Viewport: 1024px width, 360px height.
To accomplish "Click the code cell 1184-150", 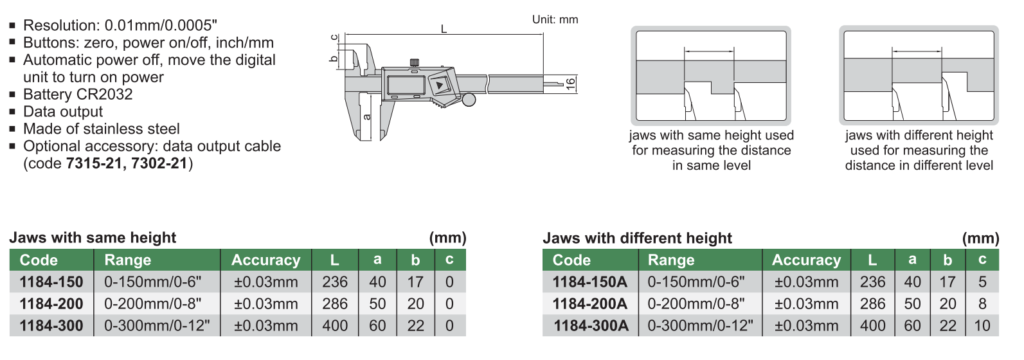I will tap(51, 282).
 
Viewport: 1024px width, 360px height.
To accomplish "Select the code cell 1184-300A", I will tap(591, 326).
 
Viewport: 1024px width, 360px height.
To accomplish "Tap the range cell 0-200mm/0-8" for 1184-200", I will tap(152, 304).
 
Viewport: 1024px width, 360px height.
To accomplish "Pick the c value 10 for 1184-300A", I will tap(982, 326).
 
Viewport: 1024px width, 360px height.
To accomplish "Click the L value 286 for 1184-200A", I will tap(872, 304).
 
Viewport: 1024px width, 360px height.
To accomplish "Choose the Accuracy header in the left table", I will tap(265, 260).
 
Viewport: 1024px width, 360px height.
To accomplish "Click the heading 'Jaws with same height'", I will tap(93, 238).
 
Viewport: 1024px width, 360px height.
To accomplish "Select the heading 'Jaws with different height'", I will tap(637, 239).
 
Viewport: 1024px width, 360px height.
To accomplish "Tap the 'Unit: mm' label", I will tap(555, 20).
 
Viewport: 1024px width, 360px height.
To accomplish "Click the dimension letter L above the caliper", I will tap(444, 29).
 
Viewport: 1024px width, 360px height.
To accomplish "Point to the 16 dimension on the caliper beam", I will tap(570, 84).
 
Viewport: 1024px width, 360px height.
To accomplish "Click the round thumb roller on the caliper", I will tap(469, 100).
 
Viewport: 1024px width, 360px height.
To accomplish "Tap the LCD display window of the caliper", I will tap(405, 84).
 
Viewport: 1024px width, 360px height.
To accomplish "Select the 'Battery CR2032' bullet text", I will tap(78, 94).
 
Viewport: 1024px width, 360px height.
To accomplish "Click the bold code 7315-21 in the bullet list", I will tap(94, 163).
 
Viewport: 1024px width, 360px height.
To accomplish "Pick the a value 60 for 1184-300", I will tap(377, 326).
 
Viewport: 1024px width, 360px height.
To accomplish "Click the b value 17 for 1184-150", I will tap(415, 282).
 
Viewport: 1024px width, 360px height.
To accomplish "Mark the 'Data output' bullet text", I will tap(63, 112).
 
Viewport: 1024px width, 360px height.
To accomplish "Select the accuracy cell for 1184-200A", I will tap(806, 304).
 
